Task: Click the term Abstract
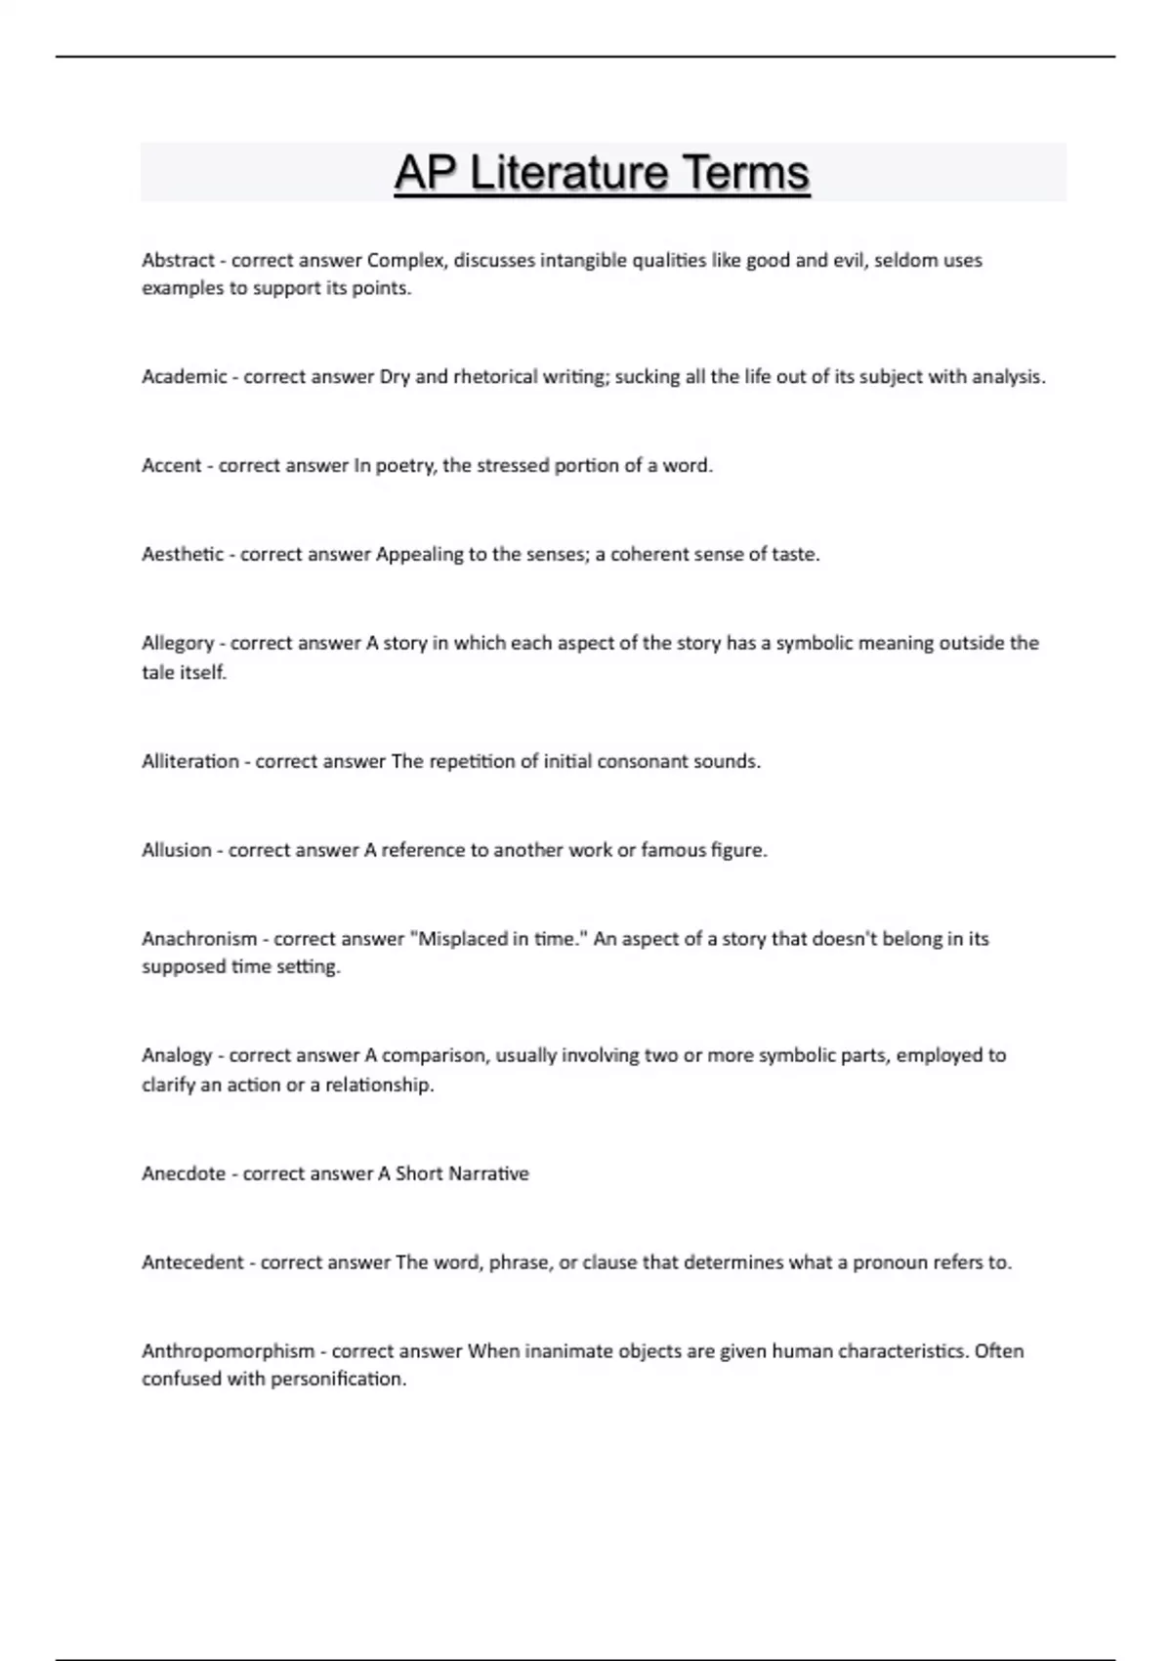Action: [178, 261]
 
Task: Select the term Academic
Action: [184, 377]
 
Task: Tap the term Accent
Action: [172, 466]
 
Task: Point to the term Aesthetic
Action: [183, 555]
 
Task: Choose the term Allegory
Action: [178, 644]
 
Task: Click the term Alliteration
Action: [189, 762]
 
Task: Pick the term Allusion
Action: [177, 851]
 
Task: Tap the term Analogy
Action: [177, 1056]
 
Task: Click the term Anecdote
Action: [184, 1174]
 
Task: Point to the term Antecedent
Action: [192, 1263]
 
